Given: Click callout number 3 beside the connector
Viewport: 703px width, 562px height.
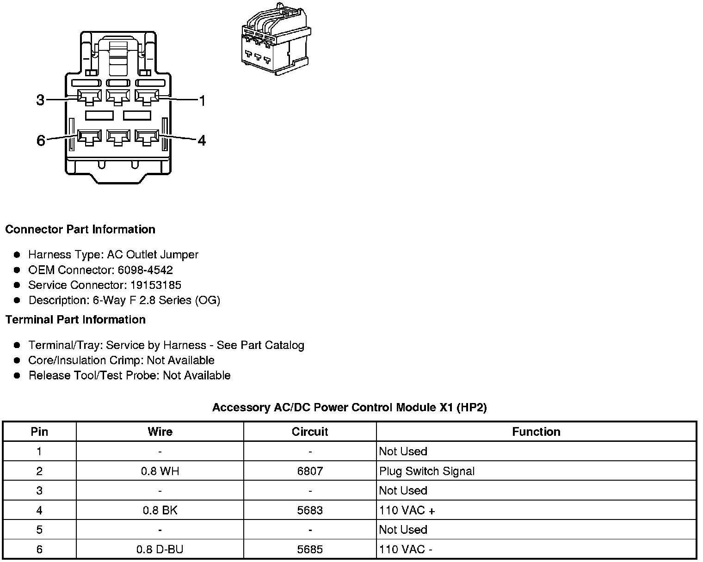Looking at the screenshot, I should click(41, 100).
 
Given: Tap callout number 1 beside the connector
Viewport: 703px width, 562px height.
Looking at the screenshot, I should click(202, 100).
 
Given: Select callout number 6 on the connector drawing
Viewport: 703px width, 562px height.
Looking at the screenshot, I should click(41, 140).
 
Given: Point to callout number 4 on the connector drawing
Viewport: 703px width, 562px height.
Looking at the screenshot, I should click(202, 140).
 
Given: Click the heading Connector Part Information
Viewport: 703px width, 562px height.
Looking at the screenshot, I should click(80, 230).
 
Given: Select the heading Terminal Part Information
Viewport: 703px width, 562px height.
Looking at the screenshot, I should click(75, 320).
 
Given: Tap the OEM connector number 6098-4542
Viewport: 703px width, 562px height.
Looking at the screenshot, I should click(145, 270).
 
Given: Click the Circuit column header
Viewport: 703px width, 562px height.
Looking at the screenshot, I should click(310, 432).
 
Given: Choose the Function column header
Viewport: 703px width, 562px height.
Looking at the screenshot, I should click(536, 432).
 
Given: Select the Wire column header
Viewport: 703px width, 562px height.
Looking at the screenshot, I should click(160, 432).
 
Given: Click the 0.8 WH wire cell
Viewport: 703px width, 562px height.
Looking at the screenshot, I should click(160, 471).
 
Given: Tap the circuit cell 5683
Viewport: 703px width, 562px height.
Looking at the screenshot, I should click(310, 511).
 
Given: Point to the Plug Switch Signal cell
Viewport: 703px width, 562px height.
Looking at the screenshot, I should click(427, 471).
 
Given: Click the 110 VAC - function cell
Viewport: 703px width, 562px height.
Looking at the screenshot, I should click(406, 550).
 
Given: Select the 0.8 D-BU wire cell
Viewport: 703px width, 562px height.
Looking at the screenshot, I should click(160, 550).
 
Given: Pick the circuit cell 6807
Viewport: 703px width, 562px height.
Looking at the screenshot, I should click(310, 471).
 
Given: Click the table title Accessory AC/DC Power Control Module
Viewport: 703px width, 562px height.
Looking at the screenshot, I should click(349, 408).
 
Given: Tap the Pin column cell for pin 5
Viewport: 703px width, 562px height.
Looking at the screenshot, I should click(39, 530).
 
